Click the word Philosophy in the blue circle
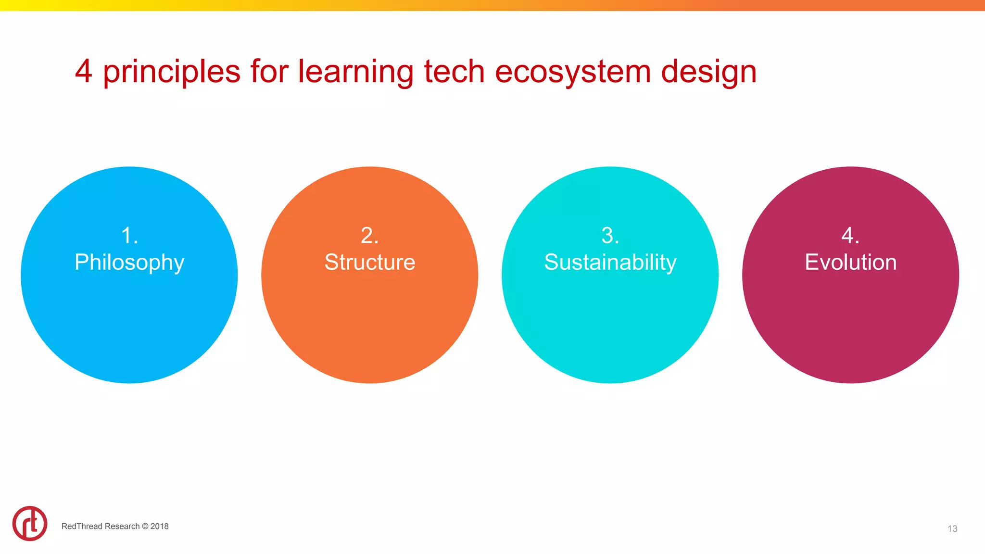click(129, 263)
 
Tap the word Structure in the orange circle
click(369, 263)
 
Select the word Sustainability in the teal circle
click(610, 263)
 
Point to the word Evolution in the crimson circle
click(850, 263)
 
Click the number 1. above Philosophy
click(129, 236)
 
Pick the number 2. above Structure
click(369, 236)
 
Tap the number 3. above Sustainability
click(610, 236)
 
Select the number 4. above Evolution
click(850, 236)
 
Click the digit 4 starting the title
click(84, 71)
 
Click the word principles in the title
click(171, 72)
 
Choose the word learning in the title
click(355, 72)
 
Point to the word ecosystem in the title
click(572, 72)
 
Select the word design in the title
click(708, 72)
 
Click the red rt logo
click(30, 523)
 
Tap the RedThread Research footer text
click(100, 526)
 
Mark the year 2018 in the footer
click(160, 526)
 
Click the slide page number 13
click(952, 529)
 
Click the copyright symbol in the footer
click(145, 526)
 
